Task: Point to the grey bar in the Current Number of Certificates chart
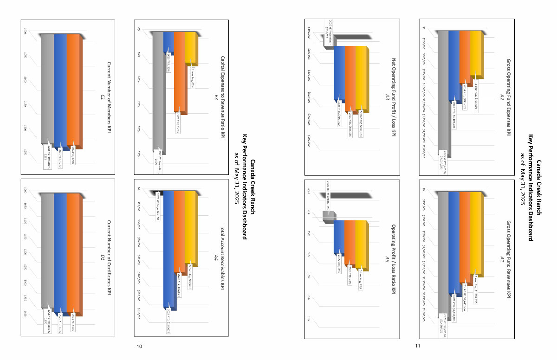[47, 251]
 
